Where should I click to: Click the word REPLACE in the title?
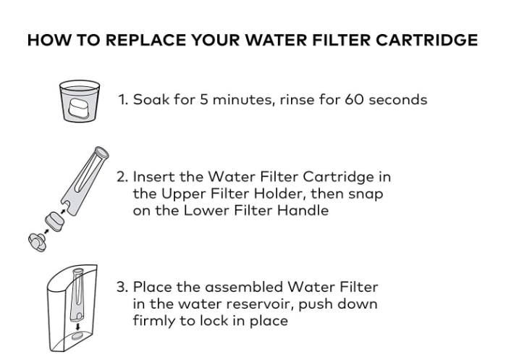146,40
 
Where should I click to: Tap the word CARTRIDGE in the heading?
426,40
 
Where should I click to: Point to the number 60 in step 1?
354,99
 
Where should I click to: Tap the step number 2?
122,177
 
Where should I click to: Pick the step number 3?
122,288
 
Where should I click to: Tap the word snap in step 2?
366,195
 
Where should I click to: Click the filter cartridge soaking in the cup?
80,107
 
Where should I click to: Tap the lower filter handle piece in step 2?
38,242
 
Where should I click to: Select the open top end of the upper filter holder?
101,152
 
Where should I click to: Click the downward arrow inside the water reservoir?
77,327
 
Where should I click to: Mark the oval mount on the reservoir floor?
78,336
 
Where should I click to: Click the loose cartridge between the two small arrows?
55,222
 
